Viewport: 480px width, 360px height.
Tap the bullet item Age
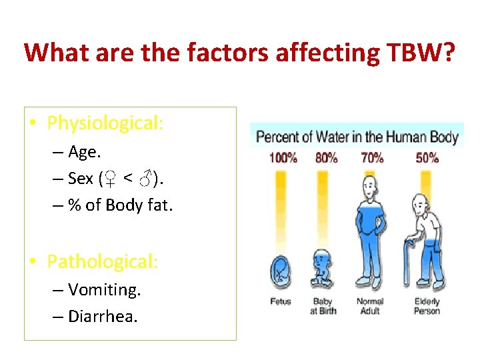pyautogui.click(x=84, y=153)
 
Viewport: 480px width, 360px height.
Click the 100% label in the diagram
pyautogui.click(x=283, y=159)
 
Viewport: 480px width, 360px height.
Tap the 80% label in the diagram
pyautogui.click(x=326, y=159)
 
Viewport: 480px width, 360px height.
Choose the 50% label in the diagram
pyautogui.click(x=427, y=159)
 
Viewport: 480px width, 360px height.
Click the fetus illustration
pyautogui.click(x=281, y=273)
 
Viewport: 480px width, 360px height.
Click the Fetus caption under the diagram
pyautogui.click(x=281, y=302)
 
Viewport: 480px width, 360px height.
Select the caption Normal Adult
pyautogui.click(x=370, y=307)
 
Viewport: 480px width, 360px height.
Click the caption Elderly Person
pyautogui.click(x=427, y=307)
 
